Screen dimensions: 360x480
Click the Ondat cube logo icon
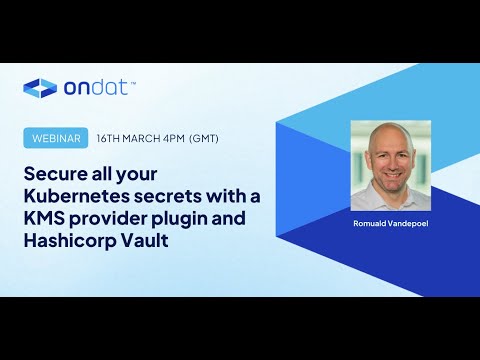point(40,88)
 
